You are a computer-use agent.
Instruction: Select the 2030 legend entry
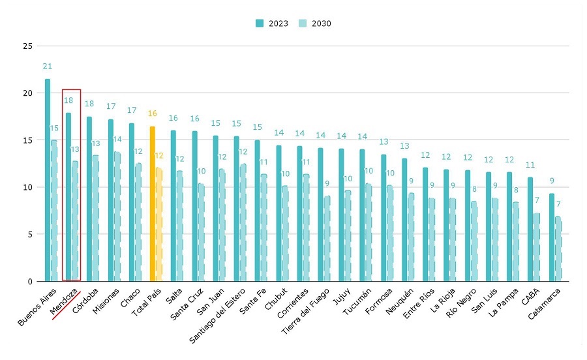[316, 23]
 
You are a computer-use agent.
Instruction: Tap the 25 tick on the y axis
[27, 46]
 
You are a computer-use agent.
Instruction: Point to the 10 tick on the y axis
[27, 187]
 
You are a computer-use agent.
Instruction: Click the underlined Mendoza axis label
[65, 300]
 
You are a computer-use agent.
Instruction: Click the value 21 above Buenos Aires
[47, 67]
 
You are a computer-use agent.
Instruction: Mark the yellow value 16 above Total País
[152, 113]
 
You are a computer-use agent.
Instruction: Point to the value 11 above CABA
[530, 165]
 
